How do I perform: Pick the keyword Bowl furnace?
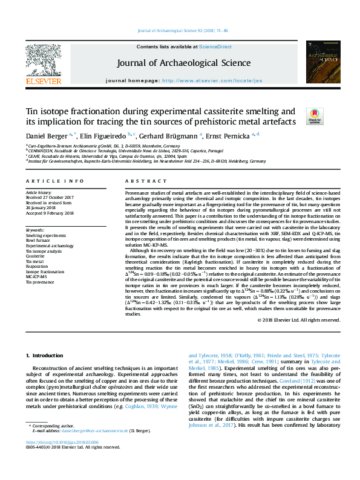click(x=38, y=240)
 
